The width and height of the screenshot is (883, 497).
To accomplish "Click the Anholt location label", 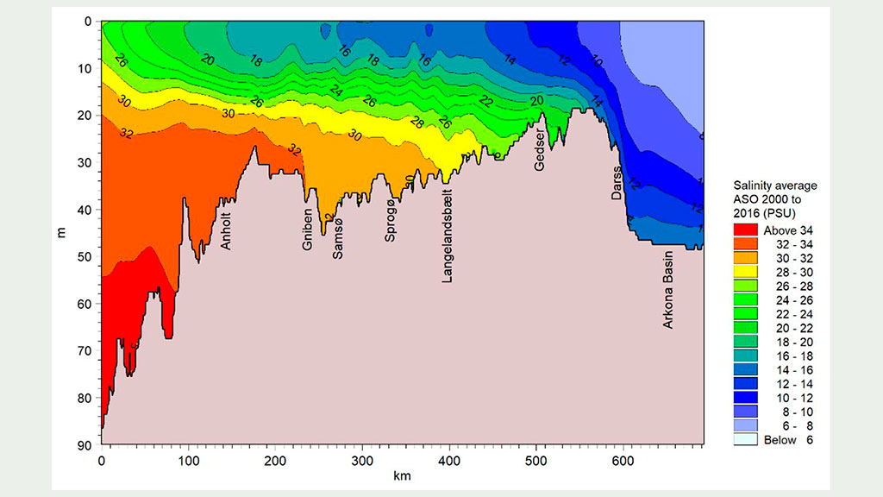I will tap(227, 231).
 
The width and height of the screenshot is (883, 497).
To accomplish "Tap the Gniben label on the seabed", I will tap(308, 231).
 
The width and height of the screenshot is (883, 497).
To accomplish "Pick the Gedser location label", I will tap(540, 150).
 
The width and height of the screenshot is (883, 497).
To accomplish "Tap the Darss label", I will tap(616, 183).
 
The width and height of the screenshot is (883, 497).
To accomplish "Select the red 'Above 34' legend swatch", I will tap(745, 230).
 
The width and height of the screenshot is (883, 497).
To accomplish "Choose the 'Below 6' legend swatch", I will tap(745, 440).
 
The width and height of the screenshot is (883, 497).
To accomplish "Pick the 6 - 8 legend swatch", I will tap(745, 426).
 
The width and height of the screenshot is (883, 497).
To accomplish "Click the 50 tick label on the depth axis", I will tap(87, 257).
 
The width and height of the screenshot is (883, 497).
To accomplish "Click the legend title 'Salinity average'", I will tap(774, 185).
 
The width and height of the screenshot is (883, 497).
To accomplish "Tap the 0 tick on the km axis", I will tap(102, 459).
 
